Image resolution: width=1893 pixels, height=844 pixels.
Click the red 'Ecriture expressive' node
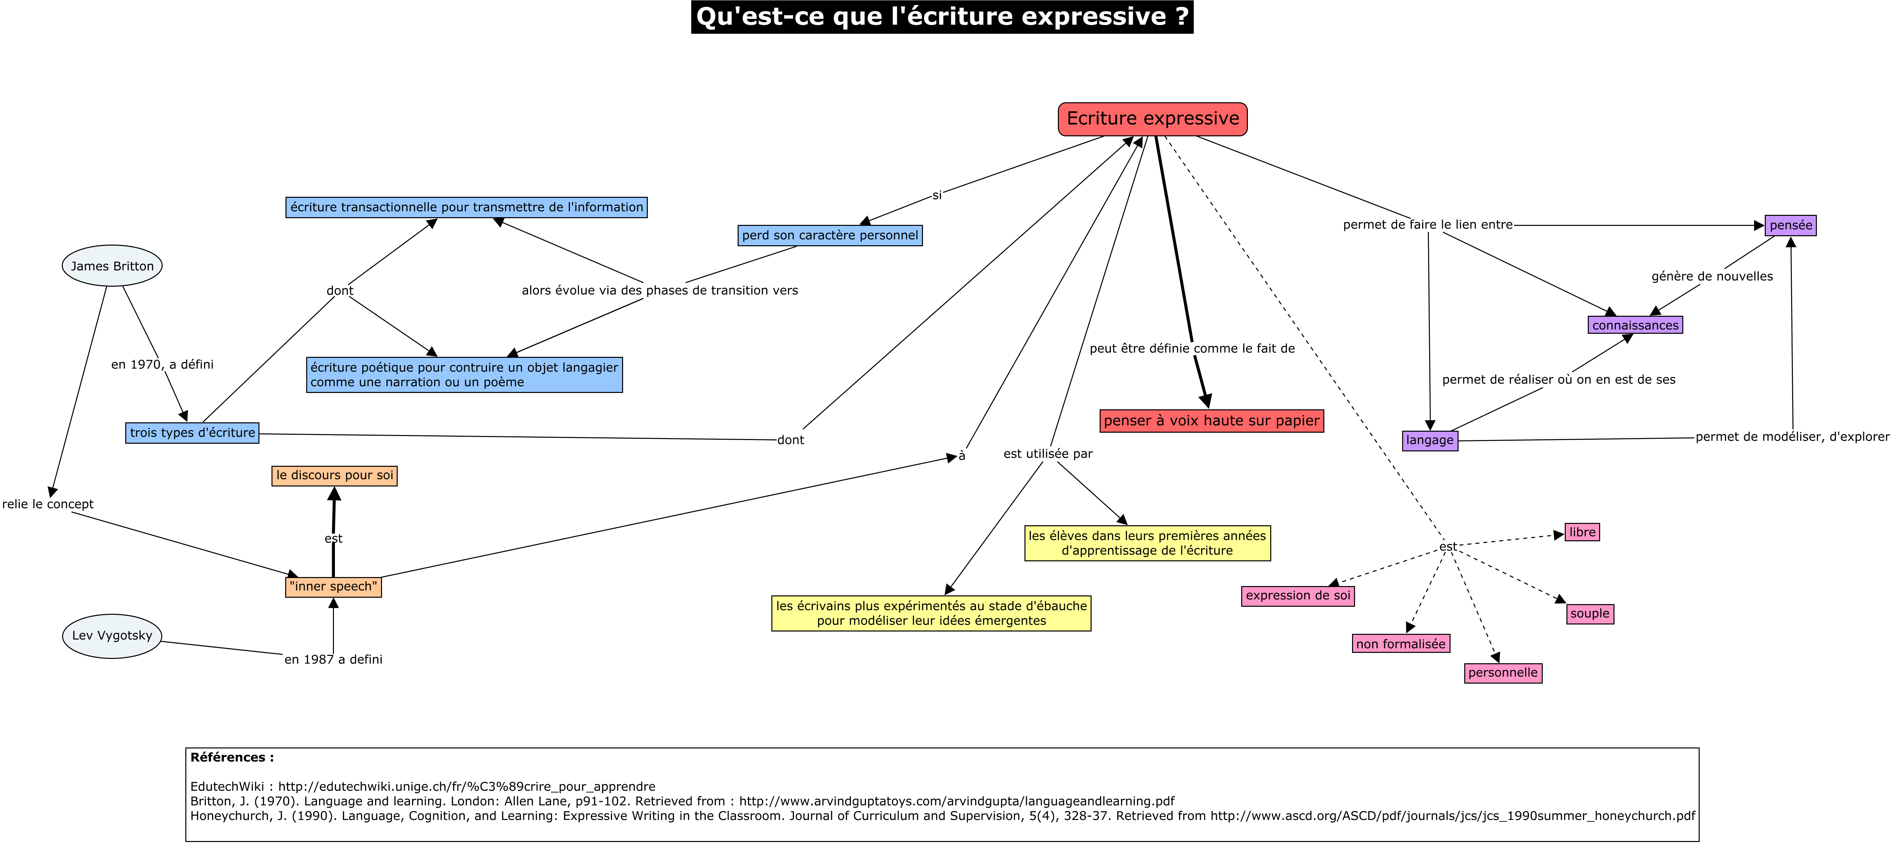[1152, 119]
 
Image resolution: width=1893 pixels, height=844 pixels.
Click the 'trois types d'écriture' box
[193, 433]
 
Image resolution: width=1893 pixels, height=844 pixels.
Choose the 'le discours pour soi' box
[334, 476]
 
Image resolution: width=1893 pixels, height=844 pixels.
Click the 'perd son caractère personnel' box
[830, 235]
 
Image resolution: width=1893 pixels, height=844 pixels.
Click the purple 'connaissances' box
[1635, 325]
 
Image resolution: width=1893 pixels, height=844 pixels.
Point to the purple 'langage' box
[1429, 440]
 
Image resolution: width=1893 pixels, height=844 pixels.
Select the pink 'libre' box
[1582, 532]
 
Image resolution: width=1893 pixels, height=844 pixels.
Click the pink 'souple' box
[1589, 614]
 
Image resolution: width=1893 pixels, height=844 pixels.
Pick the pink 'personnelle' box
[1503, 673]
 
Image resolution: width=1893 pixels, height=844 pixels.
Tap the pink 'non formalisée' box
[1401, 644]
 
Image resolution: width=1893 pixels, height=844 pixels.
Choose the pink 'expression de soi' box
[1298, 595]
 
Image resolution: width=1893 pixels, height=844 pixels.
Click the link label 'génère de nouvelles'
[1711, 276]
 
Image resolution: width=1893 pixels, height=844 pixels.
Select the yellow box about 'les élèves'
[1147, 543]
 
